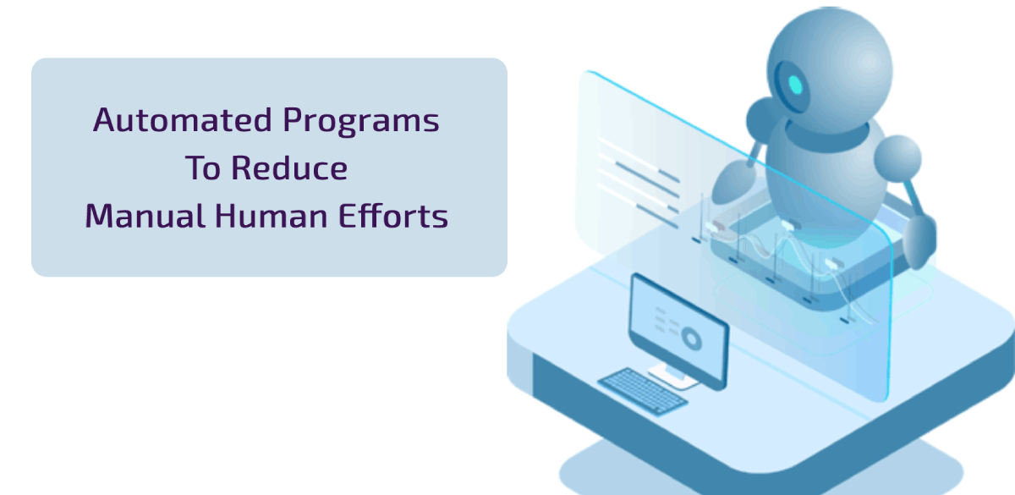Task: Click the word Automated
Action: coord(182,120)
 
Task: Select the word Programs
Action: coord(360,122)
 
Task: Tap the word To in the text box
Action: coord(202,168)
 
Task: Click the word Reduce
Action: coord(289,168)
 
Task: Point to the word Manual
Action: coord(145,215)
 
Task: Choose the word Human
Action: coord(271,215)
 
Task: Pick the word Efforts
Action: coord(393,215)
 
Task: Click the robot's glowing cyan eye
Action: coord(795,85)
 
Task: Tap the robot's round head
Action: coord(829,70)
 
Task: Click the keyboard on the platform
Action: coord(644,391)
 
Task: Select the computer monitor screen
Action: coord(678,331)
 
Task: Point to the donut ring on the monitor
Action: coord(692,338)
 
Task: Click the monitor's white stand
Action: coord(673,377)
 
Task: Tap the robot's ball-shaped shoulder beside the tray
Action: coord(897,159)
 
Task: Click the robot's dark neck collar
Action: coord(827,135)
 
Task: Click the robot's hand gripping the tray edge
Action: coord(919,243)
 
